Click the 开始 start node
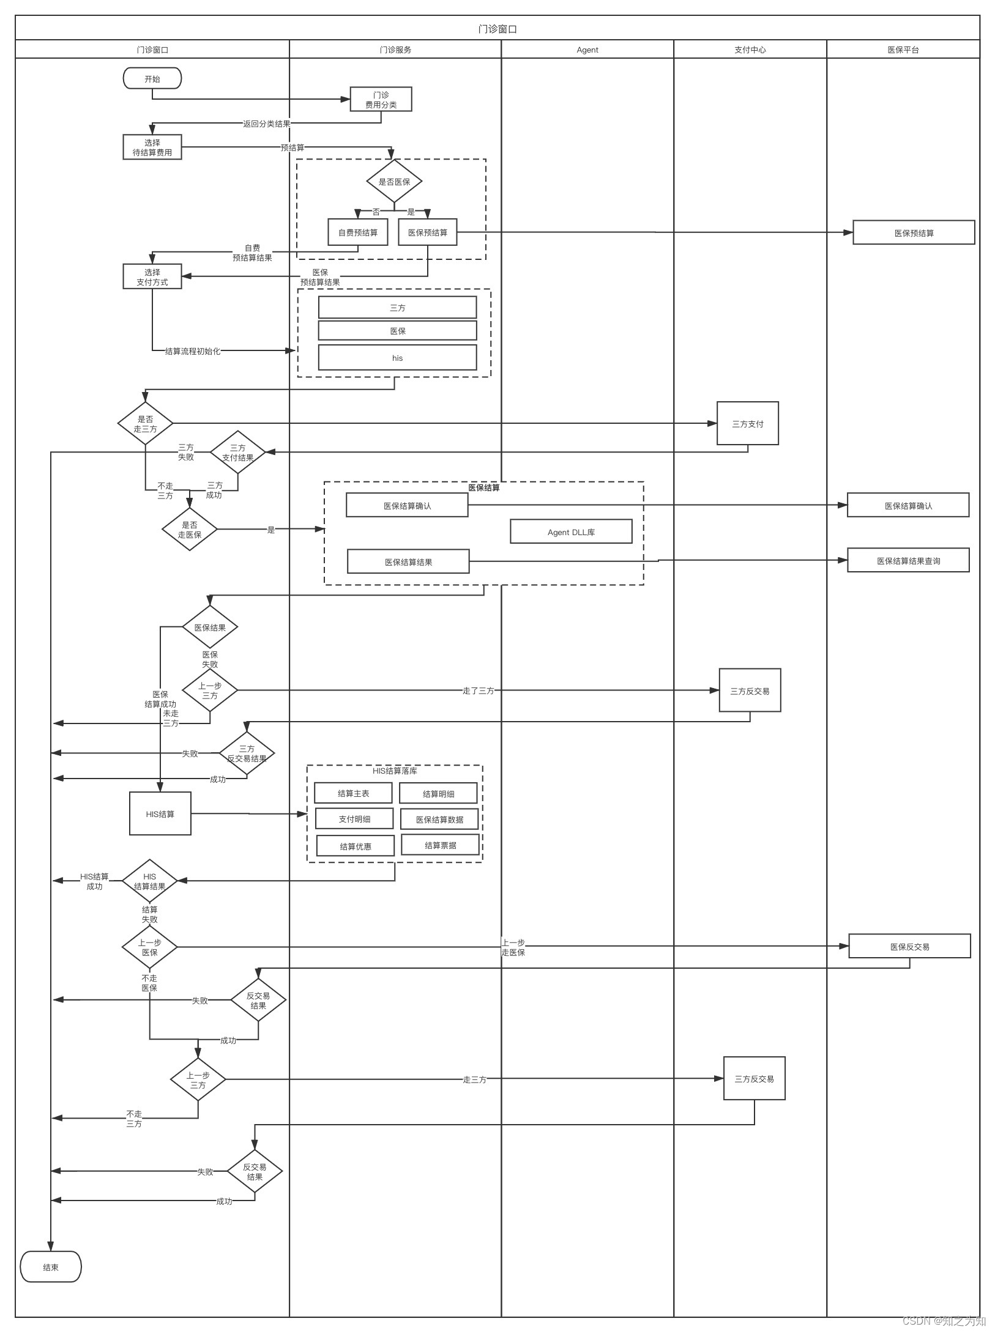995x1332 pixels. (x=152, y=78)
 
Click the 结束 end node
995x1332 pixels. (x=51, y=1267)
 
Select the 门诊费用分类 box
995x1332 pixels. (x=381, y=99)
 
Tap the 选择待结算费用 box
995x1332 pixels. (x=152, y=147)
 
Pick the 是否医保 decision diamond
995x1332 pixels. (x=394, y=181)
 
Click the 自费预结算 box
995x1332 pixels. (x=358, y=232)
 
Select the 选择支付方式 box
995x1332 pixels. (x=152, y=276)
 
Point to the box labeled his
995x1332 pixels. (x=397, y=358)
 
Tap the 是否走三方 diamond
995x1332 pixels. (x=145, y=423)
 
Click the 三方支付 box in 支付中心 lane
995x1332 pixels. (x=747, y=423)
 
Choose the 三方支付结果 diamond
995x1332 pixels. (x=237, y=453)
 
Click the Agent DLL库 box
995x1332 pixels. (x=571, y=531)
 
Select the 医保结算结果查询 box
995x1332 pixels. (x=908, y=560)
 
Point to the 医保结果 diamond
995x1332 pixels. (x=210, y=627)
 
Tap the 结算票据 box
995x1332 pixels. (x=441, y=845)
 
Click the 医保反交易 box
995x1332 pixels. (x=909, y=946)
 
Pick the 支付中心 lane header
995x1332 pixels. (x=750, y=50)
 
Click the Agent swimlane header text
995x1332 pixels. (x=587, y=50)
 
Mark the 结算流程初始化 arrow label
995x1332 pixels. (x=192, y=351)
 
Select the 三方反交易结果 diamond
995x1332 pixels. (x=247, y=753)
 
